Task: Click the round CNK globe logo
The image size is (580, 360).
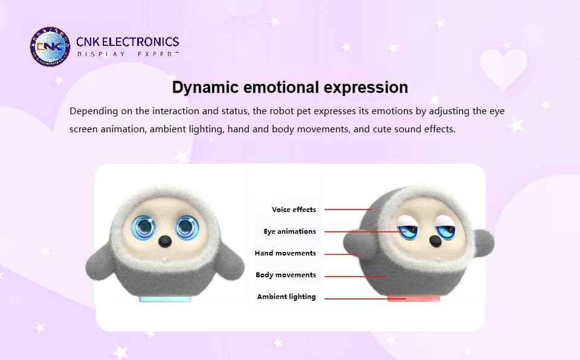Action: [50, 47]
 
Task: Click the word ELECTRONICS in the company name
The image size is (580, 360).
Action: [140, 42]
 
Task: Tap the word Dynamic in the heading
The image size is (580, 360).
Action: [205, 88]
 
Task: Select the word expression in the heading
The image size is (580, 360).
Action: [366, 88]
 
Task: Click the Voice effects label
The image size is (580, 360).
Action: [294, 210]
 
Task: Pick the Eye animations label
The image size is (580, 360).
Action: [289, 231]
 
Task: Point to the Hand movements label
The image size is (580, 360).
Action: [285, 253]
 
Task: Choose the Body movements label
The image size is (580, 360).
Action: [286, 275]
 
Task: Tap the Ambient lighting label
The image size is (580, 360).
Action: [286, 297]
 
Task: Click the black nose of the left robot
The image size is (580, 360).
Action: [165, 241]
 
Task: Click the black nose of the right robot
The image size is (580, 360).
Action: [435, 242]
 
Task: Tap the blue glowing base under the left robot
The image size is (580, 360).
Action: [165, 298]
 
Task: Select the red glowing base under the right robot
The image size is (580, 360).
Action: [413, 298]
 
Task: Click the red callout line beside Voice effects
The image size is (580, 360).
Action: [348, 210]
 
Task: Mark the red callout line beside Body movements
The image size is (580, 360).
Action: [355, 276]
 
